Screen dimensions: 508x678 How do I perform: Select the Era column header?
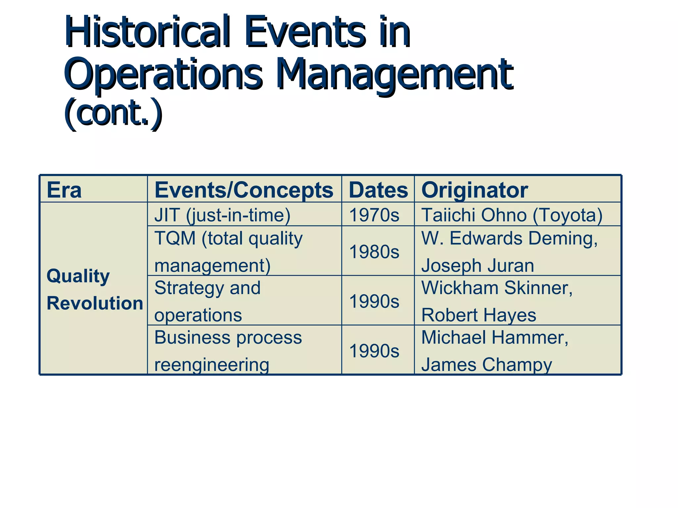[x=64, y=190]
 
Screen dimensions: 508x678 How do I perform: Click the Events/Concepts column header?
[x=244, y=190]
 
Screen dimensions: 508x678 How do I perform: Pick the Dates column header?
[x=378, y=190]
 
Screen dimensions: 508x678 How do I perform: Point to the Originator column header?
[x=474, y=190]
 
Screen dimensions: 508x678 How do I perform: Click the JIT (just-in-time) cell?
[x=222, y=215]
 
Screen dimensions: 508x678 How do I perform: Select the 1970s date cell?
[x=374, y=215]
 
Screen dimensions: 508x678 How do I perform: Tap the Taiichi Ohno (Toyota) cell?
[x=511, y=215]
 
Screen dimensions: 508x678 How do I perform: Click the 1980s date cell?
[x=374, y=252]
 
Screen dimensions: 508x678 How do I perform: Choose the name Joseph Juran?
[x=477, y=266]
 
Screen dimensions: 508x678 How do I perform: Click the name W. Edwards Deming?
[x=509, y=238]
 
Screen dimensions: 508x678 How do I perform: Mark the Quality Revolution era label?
[x=94, y=289]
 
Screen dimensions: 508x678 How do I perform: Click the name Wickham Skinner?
[x=497, y=288]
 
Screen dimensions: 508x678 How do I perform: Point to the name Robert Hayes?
[x=478, y=315]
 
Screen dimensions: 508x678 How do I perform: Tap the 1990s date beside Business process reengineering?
[x=374, y=351]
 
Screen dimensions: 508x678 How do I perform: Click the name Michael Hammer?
[x=495, y=338]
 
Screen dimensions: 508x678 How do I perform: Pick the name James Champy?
[x=486, y=364]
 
